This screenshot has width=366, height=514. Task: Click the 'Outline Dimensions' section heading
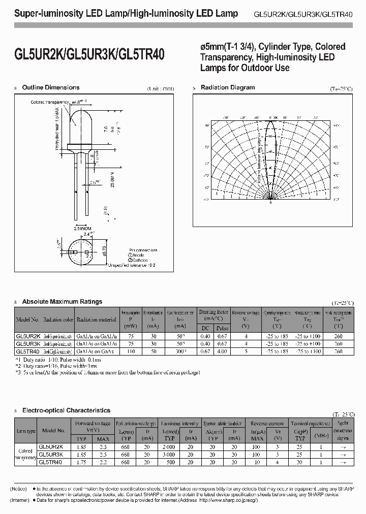pyautogui.click(x=51, y=87)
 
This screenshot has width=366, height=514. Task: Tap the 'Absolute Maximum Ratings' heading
pyautogui.click(x=63, y=302)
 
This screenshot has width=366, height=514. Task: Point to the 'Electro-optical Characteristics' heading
pyautogui.click(x=67, y=410)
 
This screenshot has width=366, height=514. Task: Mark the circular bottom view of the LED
pyautogui.click(x=80, y=251)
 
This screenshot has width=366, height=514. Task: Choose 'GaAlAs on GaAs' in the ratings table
pyautogui.click(x=97, y=351)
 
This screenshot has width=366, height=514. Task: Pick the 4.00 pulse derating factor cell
pyautogui.click(x=223, y=351)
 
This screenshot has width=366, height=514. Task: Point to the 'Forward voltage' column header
pyautogui.click(x=93, y=423)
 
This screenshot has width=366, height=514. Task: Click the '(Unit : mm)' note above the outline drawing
pyautogui.click(x=160, y=88)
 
